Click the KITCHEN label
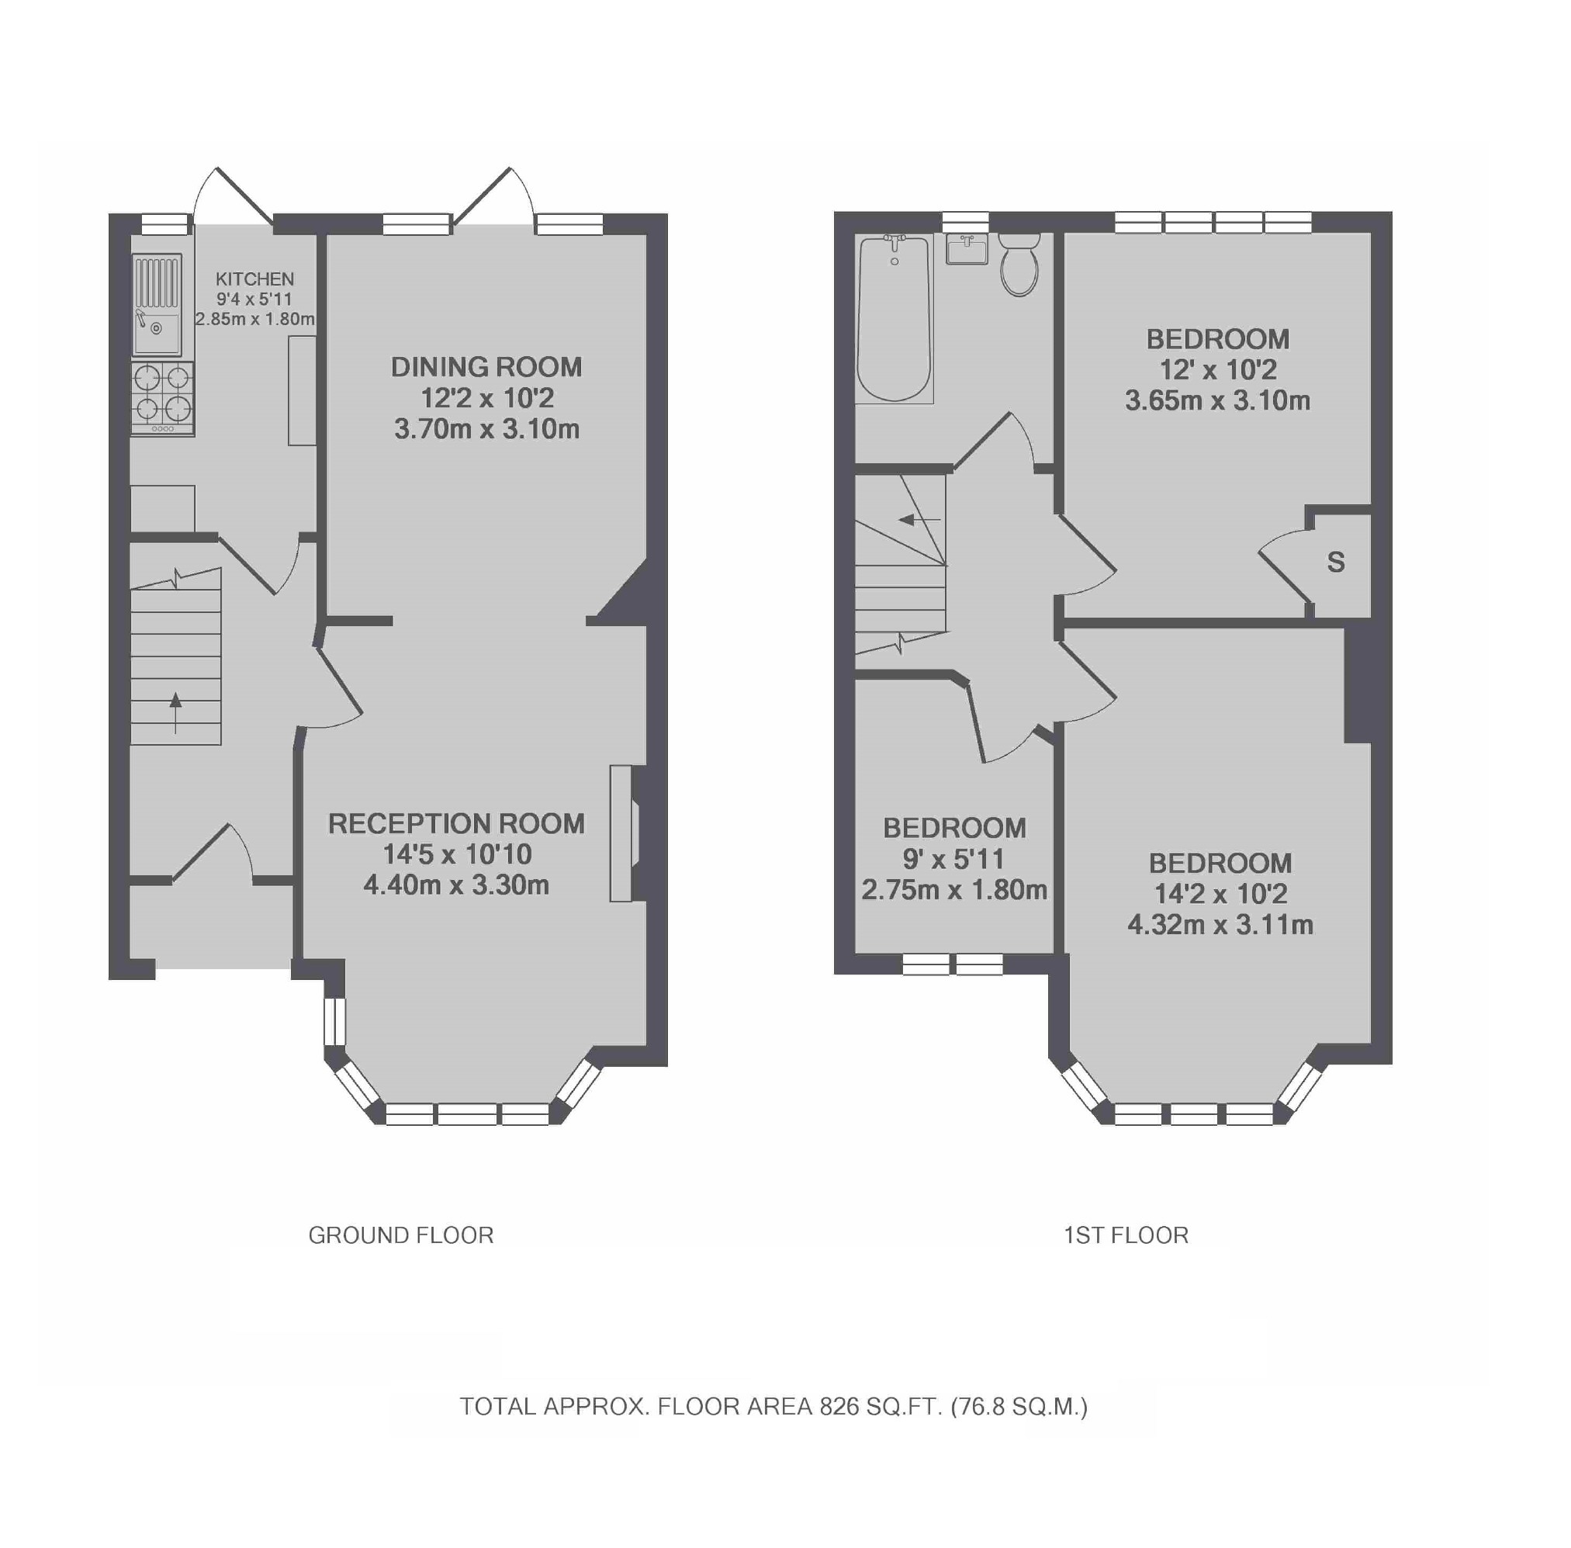pyautogui.click(x=254, y=279)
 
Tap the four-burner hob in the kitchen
pyautogui.click(x=163, y=398)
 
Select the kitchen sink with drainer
pyautogui.click(x=157, y=305)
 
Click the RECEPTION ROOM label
pyautogui.click(x=456, y=823)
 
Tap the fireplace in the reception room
pyautogui.click(x=622, y=833)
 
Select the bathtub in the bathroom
pyautogui.click(x=894, y=319)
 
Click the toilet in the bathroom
pyautogui.click(x=1019, y=265)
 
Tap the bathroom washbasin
pyautogui.click(x=967, y=250)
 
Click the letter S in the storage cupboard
pyautogui.click(x=1335, y=563)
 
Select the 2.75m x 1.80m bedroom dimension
pyautogui.click(x=954, y=890)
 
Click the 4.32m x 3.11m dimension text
pyautogui.click(x=1220, y=925)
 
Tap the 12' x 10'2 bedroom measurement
pyautogui.click(x=1217, y=370)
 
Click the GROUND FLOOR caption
pyautogui.click(x=400, y=1236)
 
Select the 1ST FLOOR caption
pyautogui.click(x=1126, y=1236)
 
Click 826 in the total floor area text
pyautogui.click(x=839, y=1407)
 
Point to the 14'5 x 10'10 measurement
pyautogui.click(x=457, y=854)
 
